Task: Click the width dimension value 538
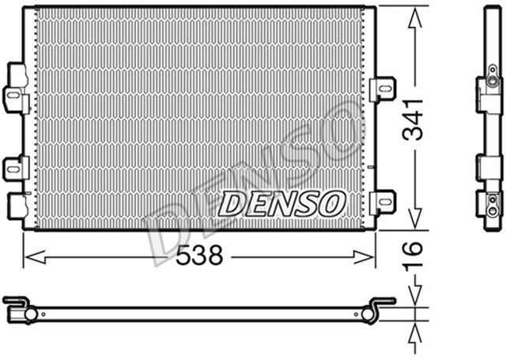[x=199, y=255]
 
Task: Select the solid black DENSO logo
[x=281, y=203]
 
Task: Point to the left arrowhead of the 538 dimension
[x=28, y=255]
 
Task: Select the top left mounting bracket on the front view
[x=15, y=88]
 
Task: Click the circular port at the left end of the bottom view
[x=30, y=314]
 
